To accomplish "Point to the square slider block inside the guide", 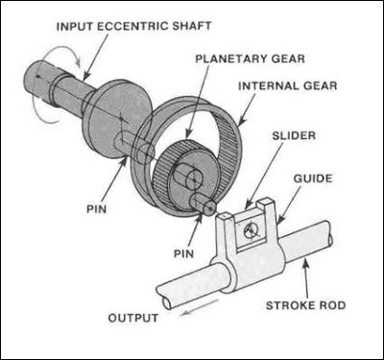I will pos(252,228).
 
